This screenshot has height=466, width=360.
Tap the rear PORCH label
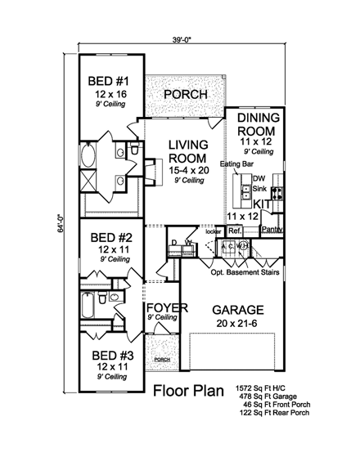pos(185,95)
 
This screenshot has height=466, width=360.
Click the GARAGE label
pos(238,310)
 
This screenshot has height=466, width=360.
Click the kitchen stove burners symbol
pos(276,194)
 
